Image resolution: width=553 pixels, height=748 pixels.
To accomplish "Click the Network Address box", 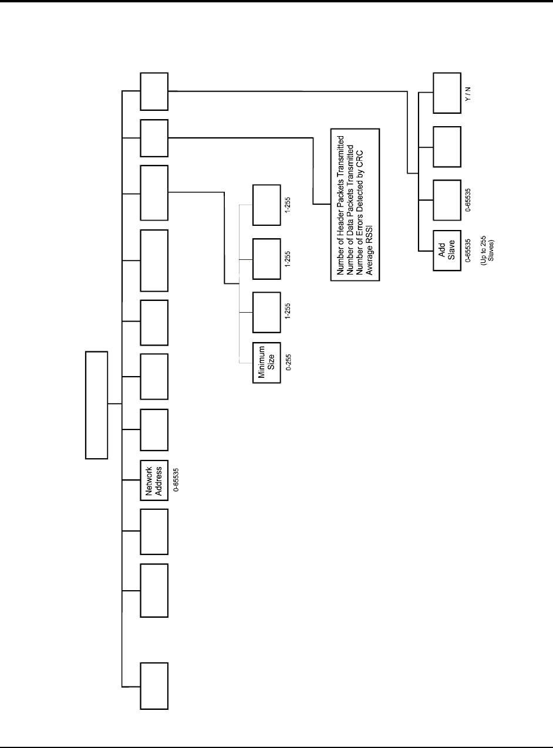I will coord(154,480).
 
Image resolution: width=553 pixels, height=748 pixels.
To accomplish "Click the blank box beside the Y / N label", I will coord(447,93).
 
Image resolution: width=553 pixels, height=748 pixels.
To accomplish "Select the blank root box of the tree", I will coord(97,404).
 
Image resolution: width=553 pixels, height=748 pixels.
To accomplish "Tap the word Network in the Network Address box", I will coord(149,480).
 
